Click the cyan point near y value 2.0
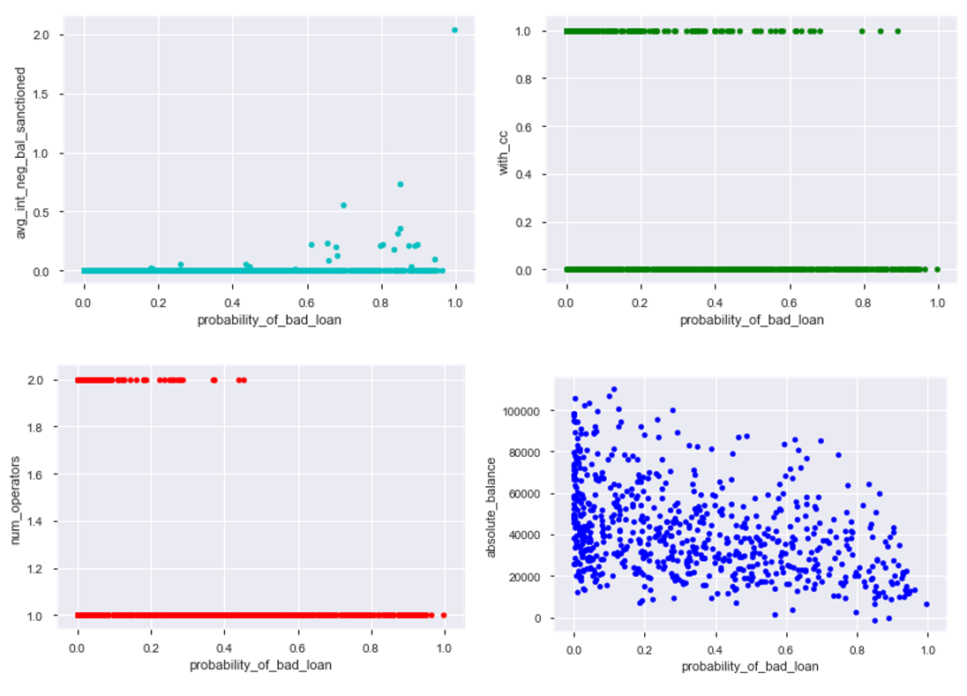(454, 30)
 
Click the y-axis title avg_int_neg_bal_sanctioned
(20, 152)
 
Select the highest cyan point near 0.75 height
(401, 184)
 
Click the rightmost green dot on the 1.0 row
(897, 31)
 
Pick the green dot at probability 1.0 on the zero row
(937, 269)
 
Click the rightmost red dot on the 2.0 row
(244, 380)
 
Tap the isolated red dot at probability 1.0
(444, 615)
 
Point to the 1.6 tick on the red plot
(34, 475)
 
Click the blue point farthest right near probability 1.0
(926, 604)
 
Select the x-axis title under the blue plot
(750, 667)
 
